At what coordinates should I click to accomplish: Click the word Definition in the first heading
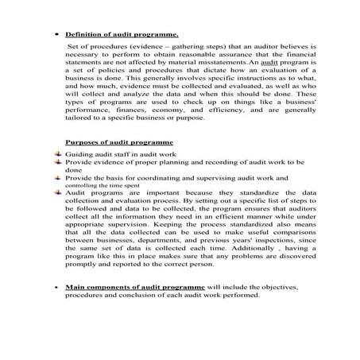pyautogui.click(x=83, y=36)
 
